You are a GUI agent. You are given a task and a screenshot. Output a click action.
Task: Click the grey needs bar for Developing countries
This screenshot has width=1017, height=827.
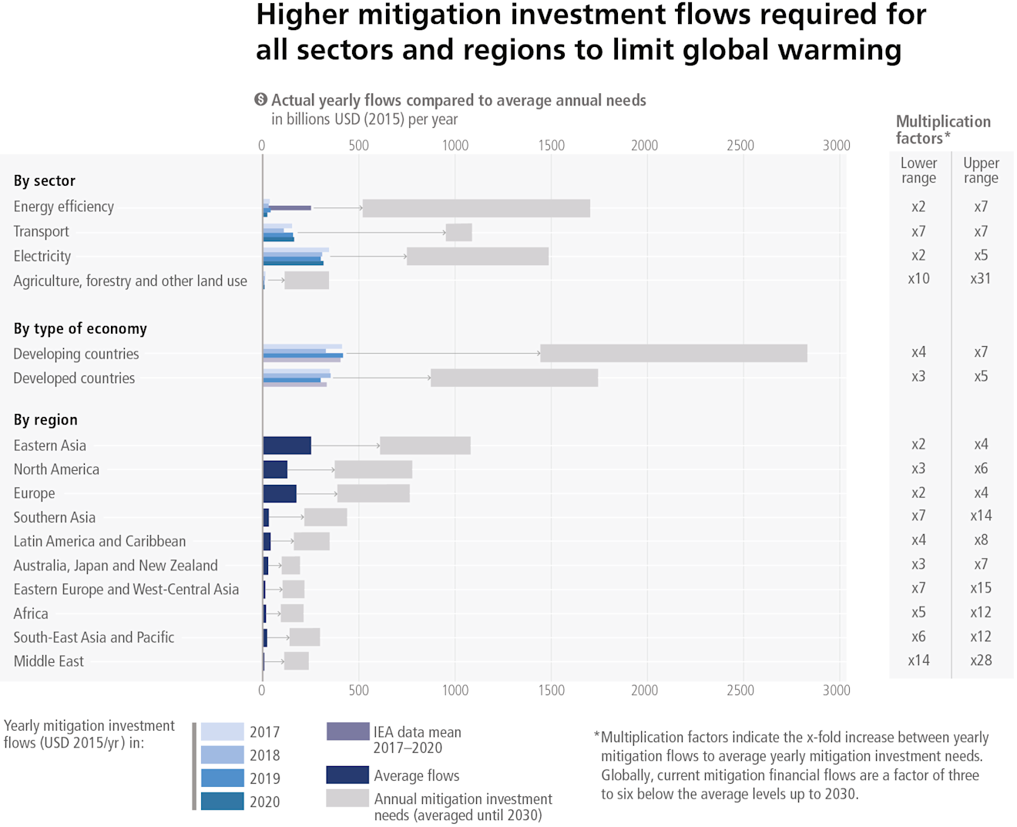[x=673, y=353]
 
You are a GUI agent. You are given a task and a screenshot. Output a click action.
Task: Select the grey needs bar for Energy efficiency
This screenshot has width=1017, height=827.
[x=476, y=208]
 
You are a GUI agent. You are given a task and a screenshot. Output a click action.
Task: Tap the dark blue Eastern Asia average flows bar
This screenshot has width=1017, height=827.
[x=287, y=445]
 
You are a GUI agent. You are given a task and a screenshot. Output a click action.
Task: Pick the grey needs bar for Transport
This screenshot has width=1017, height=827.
[x=458, y=232]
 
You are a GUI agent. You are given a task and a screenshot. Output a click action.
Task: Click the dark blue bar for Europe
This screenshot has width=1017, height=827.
[x=280, y=493]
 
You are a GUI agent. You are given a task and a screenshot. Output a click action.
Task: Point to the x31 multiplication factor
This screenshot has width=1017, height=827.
[x=980, y=278]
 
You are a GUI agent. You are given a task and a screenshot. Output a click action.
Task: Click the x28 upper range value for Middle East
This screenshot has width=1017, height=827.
[x=980, y=661]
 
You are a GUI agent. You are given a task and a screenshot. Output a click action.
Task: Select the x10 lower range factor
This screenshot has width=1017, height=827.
[x=918, y=278]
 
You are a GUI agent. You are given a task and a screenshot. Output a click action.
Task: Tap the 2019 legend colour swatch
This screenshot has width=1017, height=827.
[x=223, y=778]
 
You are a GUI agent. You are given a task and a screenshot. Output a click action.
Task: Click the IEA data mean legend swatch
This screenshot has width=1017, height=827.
[x=347, y=731]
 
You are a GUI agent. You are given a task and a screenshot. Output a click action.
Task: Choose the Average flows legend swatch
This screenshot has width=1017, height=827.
[x=347, y=775]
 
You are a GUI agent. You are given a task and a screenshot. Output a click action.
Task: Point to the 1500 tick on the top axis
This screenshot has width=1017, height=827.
[x=551, y=146]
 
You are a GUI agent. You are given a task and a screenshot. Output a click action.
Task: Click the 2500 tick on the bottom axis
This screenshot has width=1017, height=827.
[x=740, y=690]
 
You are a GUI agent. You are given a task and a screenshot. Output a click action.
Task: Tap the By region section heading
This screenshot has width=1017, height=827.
[x=45, y=420]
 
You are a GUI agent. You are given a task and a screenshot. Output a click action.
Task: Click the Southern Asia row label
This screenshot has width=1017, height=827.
[x=55, y=517]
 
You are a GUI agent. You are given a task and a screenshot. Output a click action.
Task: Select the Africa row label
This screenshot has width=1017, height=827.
[x=31, y=614]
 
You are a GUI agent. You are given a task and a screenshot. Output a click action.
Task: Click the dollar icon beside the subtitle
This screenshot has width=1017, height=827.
[x=261, y=99]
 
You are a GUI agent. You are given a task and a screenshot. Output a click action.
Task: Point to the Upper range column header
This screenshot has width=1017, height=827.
[x=980, y=170]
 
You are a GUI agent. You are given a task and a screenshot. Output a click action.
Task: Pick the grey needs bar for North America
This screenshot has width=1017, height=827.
[x=373, y=469]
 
